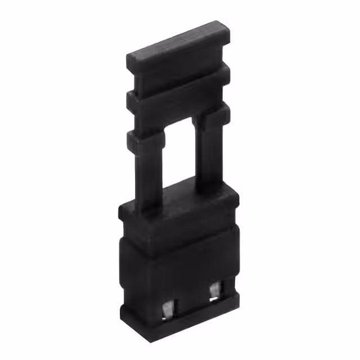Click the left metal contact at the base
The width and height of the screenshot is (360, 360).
pos(168,309)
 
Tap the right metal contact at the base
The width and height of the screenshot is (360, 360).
pos(215,290)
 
